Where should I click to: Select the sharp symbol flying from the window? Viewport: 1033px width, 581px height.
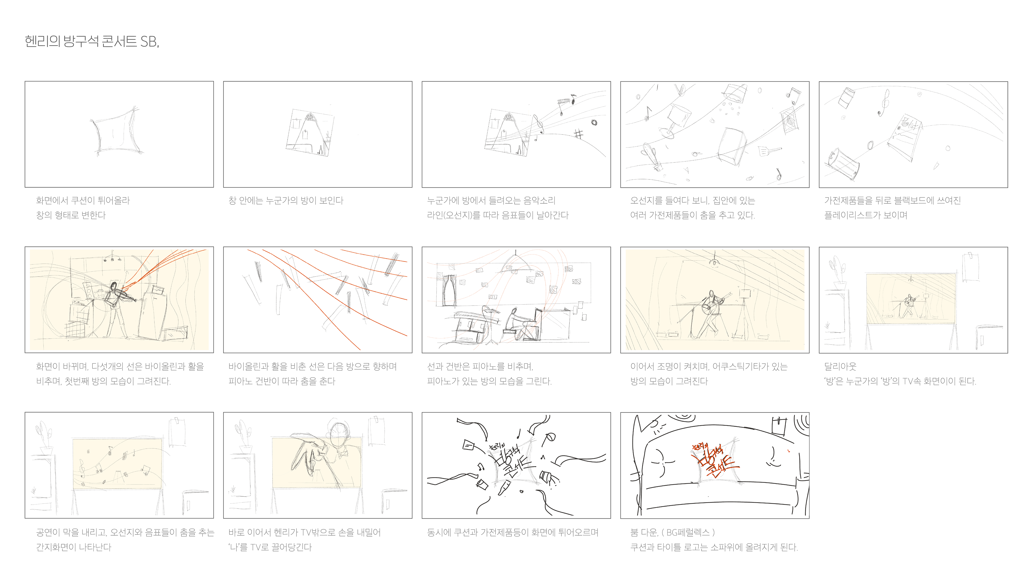(578, 134)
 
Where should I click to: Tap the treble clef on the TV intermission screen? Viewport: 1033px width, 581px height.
(82, 467)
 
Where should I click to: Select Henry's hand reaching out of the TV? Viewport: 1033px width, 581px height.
(307, 455)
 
